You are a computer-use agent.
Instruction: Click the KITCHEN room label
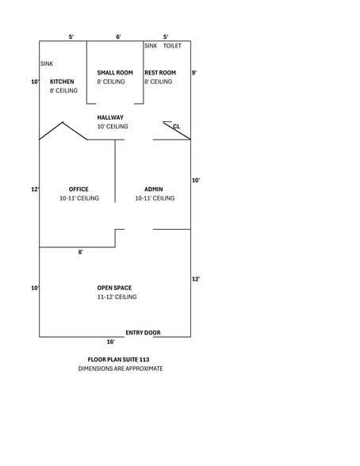point(62,82)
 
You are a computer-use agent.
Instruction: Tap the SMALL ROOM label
point(115,73)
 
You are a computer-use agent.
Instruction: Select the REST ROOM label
point(160,73)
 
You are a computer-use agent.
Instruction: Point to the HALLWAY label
point(110,117)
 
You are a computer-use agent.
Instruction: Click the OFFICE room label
point(79,189)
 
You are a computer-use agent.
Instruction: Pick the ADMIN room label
point(153,189)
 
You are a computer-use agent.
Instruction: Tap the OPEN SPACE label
point(114,288)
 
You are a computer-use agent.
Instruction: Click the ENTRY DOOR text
point(143,333)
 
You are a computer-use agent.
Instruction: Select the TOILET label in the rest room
point(172,45)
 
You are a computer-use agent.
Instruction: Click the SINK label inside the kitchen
point(47,63)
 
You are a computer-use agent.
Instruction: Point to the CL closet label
point(176,126)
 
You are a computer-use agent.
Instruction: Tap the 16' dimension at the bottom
point(110,342)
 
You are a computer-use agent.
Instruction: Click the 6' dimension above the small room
point(118,36)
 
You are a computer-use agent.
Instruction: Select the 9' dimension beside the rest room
point(193,73)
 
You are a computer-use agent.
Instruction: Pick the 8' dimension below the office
point(81,252)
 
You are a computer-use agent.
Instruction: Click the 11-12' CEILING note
point(117,296)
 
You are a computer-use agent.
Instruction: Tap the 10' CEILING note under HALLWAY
point(113,126)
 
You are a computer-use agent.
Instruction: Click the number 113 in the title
point(144,360)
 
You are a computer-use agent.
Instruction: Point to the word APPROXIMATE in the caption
point(145,369)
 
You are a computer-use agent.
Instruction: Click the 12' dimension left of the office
point(35,189)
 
